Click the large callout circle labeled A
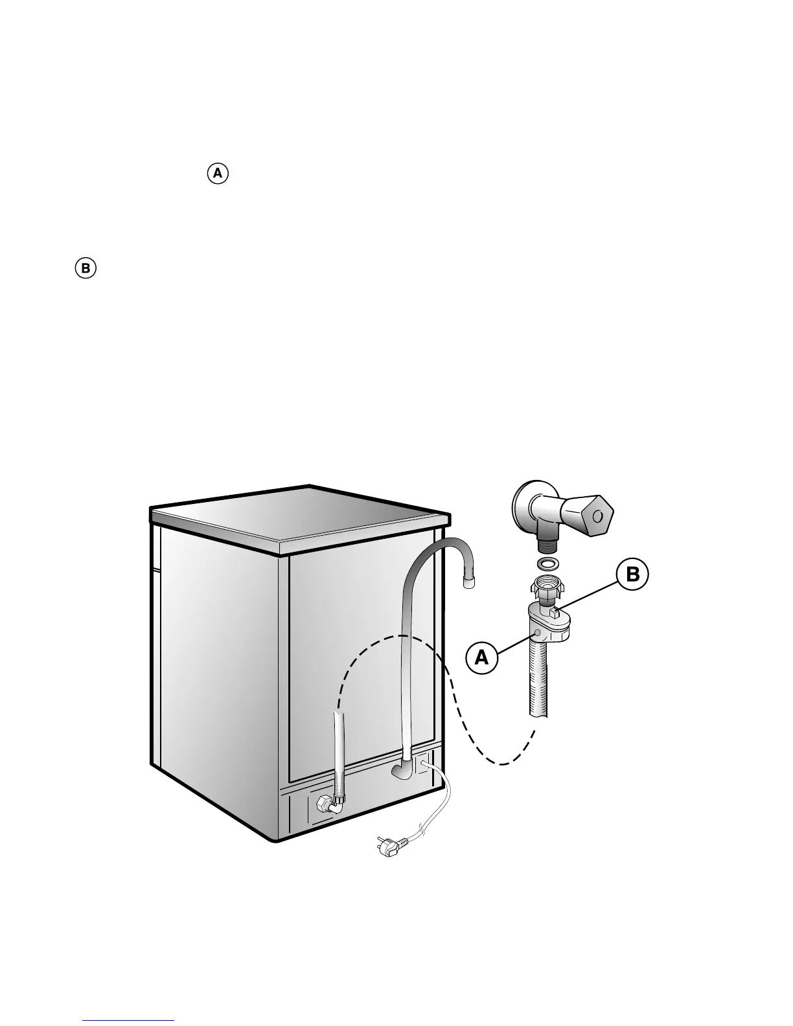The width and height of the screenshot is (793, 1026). tap(481, 657)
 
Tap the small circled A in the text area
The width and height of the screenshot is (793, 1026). tap(218, 174)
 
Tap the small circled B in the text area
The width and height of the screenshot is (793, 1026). tap(85, 268)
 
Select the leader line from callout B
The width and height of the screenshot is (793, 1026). tap(590, 593)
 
